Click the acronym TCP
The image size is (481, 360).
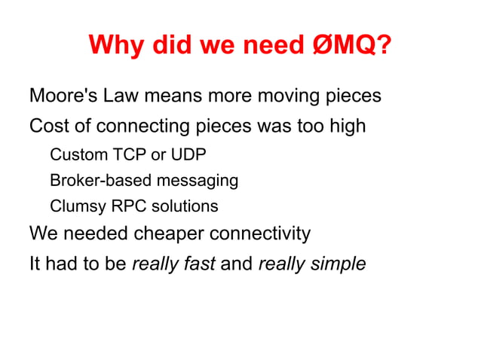129,155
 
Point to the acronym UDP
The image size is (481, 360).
188,155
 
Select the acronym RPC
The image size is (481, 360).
123,206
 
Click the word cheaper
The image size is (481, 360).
170,234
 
